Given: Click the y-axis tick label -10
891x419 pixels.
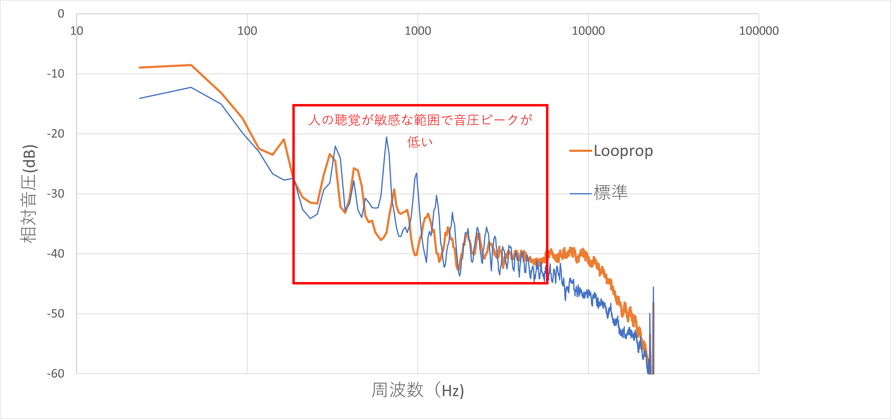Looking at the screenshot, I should tap(56, 74).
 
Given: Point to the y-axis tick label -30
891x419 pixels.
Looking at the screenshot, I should tap(56, 194).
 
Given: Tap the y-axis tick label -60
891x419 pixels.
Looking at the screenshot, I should tap(56, 374).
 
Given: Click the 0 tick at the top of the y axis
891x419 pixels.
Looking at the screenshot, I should tap(61, 14).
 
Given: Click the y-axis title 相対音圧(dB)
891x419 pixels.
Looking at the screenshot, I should tap(28, 194).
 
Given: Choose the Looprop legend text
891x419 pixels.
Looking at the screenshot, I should tap(623, 151).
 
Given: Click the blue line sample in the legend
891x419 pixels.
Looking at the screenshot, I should tap(580, 194).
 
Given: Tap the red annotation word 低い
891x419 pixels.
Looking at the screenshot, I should tap(420, 142).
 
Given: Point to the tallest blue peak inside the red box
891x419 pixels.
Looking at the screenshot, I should tap(386, 138).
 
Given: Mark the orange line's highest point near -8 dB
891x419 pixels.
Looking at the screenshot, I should tap(191, 65).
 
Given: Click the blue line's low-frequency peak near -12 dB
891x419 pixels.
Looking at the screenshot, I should tap(191, 87).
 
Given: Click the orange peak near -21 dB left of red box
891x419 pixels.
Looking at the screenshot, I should tap(284, 139).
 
